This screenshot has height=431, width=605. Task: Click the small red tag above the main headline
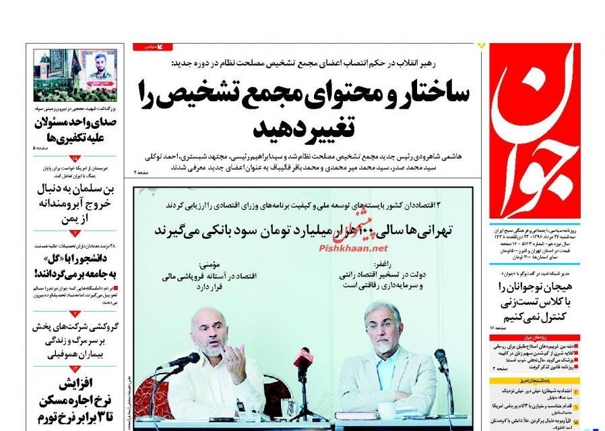[152, 47]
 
